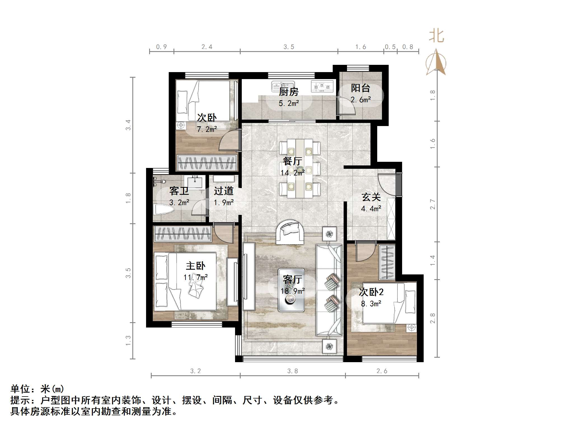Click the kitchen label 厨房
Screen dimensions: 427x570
[x=288, y=92]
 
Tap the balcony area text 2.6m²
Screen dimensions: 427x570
[x=361, y=100]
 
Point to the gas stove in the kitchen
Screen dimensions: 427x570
[x=322, y=86]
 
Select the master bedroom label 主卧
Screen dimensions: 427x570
[x=195, y=266]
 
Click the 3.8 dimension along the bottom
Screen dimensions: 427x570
[x=292, y=371]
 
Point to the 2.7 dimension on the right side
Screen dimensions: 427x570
[x=433, y=204]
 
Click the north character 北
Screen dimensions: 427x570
[x=436, y=36]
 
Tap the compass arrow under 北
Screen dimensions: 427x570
[x=436, y=62]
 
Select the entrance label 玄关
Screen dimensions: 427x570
[x=371, y=197]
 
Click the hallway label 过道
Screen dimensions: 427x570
[x=224, y=191]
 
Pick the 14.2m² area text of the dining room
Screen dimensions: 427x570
[x=292, y=173]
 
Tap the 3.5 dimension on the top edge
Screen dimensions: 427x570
[x=289, y=47]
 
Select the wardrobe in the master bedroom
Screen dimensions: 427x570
[x=183, y=234]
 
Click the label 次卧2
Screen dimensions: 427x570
[x=371, y=292]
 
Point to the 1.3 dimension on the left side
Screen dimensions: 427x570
[x=128, y=341]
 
